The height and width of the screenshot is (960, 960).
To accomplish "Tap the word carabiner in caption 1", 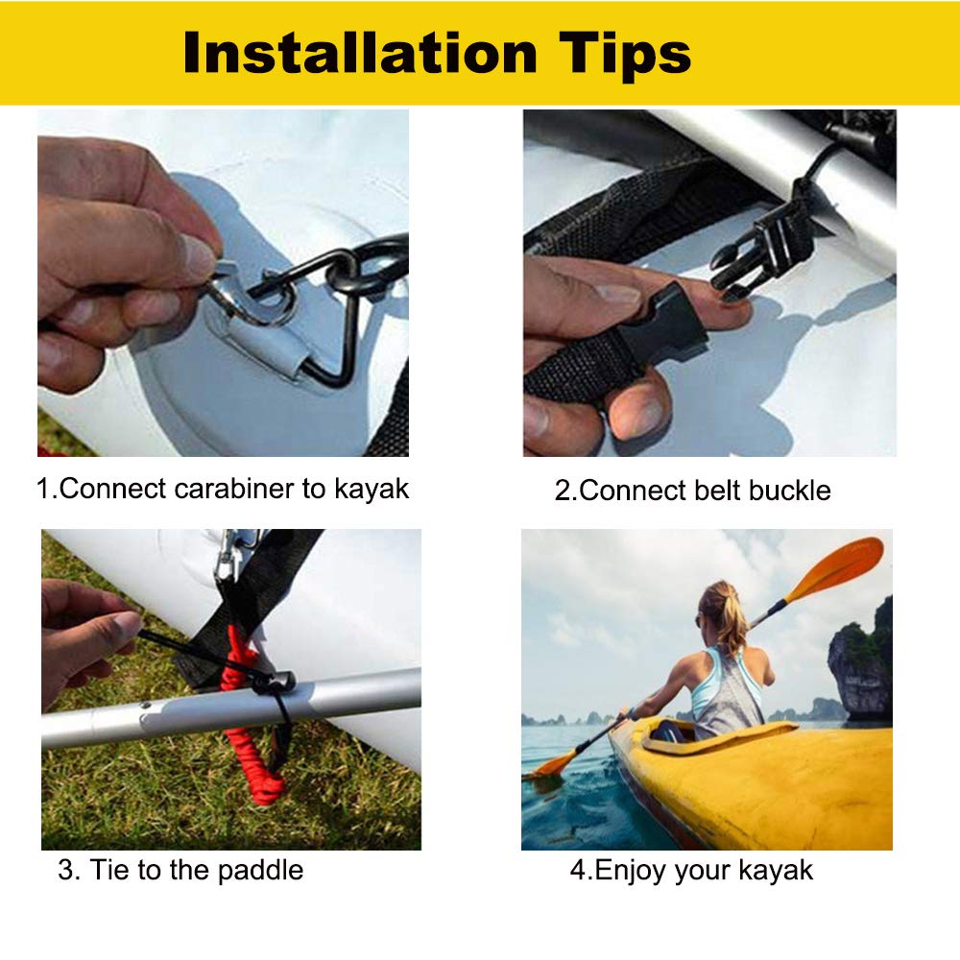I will point(234,489).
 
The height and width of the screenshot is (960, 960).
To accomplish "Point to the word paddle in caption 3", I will point(260,871).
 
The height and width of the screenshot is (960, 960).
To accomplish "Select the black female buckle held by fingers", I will point(661,327).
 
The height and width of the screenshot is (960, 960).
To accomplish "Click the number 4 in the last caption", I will point(577,871).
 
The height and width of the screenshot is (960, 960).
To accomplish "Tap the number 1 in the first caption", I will point(43,489).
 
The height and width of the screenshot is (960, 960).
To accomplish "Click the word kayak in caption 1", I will point(372,489).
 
